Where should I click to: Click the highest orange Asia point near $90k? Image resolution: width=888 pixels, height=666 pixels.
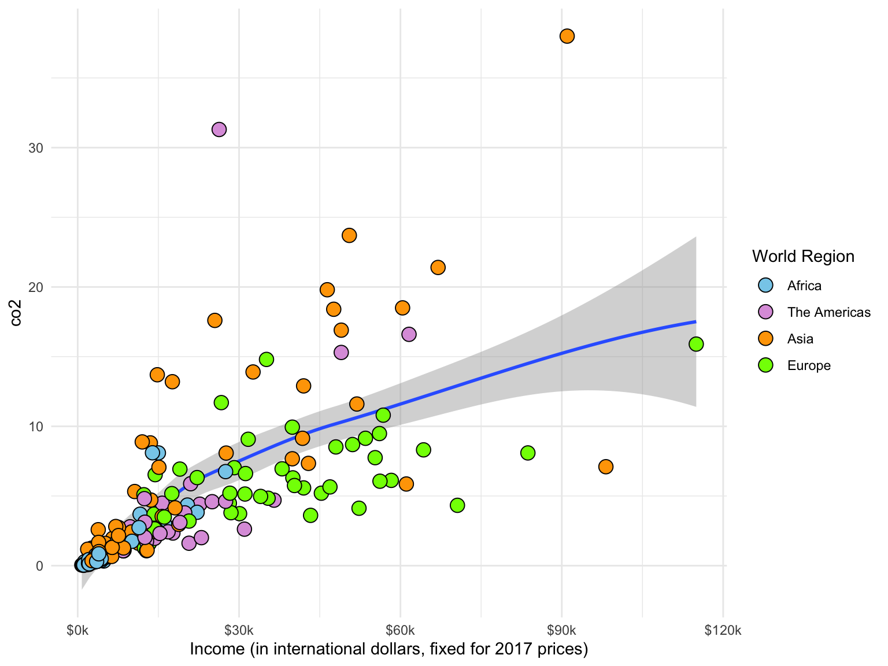(567, 36)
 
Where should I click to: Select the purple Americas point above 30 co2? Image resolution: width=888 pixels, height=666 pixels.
(219, 129)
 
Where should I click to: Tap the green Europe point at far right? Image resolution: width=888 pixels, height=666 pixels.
(696, 344)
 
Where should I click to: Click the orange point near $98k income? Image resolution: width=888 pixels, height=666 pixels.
(605, 467)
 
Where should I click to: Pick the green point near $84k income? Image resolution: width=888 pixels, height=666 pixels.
(527, 453)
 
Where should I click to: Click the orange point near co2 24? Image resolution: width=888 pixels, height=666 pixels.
(349, 235)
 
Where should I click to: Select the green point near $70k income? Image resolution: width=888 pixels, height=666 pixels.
(457, 505)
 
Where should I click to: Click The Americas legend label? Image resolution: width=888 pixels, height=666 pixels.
(828, 312)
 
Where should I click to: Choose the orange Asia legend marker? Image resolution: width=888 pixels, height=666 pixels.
(765, 339)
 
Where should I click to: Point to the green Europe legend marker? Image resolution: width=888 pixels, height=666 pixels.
(765, 365)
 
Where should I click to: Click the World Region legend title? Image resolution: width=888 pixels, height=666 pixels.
(803, 256)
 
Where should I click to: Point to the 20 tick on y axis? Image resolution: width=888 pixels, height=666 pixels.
(36, 287)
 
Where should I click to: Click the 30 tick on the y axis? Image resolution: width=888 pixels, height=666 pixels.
(36, 148)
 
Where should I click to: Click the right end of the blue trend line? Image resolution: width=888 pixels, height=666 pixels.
(694, 321)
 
